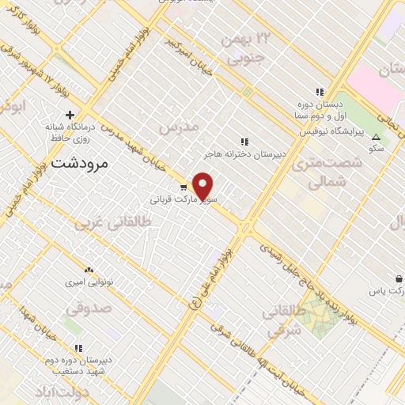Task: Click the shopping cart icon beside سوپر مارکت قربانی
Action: coord(183,187)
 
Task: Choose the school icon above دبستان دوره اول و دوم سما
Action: coord(320,92)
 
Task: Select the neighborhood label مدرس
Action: coord(176,127)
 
